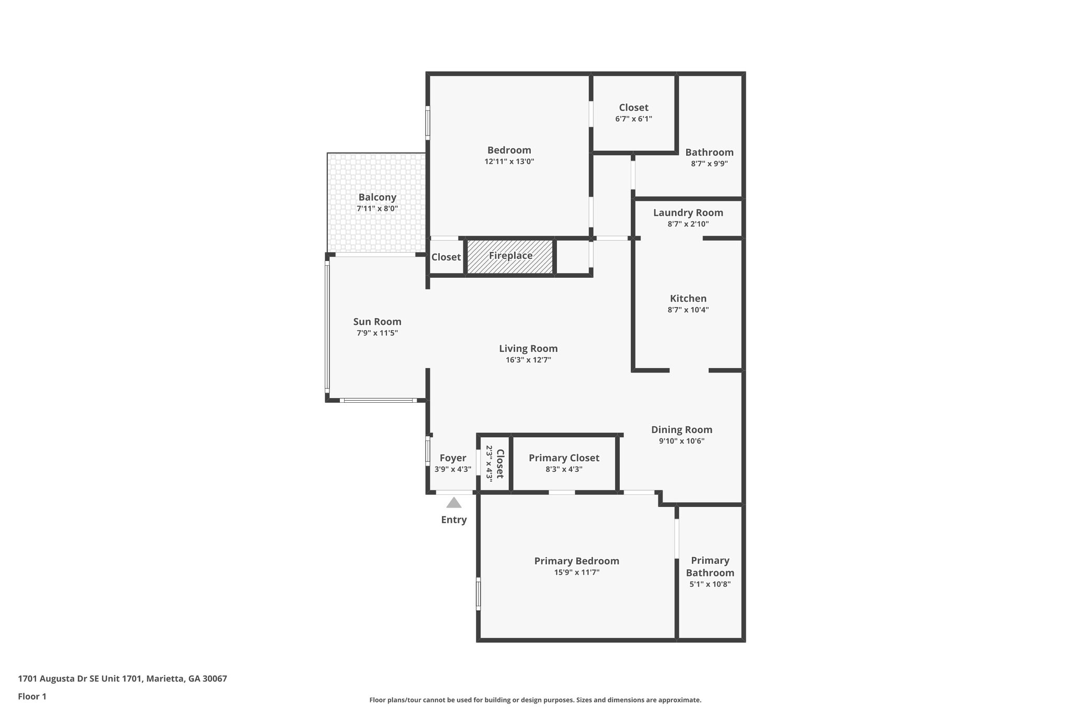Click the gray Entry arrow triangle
[x=453, y=503]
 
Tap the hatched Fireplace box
[x=510, y=256]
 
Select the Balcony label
[x=377, y=197]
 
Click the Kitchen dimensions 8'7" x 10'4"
[x=688, y=310]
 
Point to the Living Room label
[x=528, y=348]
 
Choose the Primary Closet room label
[x=564, y=458]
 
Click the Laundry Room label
[x=688, y=212]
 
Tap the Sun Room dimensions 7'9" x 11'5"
[x=377, y=333]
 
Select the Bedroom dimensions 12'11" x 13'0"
[x=509, y=162]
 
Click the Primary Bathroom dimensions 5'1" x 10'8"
[x=710, y=584]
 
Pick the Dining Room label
[x=681, y=429]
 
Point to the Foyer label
[x=453, y=458]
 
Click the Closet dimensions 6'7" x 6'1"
[x=633, y=119]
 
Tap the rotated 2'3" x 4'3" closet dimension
[x=489, y=463]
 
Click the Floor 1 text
[x=32, y=696]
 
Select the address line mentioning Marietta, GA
[x=122, y=678]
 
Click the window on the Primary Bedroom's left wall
[x=478, y=594]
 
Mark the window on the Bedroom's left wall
[x=427, y=122]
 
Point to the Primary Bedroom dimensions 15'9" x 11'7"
[x=576, y=572]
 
